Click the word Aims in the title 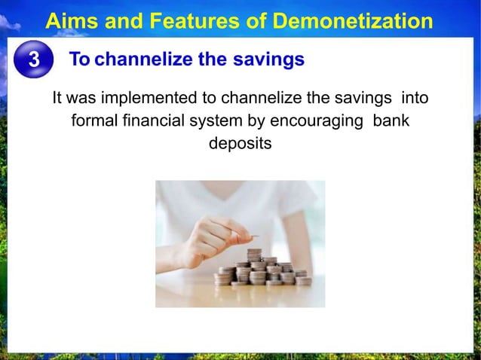tap(69, 21)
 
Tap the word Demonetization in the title tap(351, 21)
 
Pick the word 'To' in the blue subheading tap(80, 59)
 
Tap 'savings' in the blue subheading tap(268, 59)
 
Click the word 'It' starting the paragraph tap(57, 98)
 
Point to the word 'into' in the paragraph tap(415, 98)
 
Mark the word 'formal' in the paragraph tap(93, 121)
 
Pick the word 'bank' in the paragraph tap(392, 121)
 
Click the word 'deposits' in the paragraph tap(240, 143)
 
